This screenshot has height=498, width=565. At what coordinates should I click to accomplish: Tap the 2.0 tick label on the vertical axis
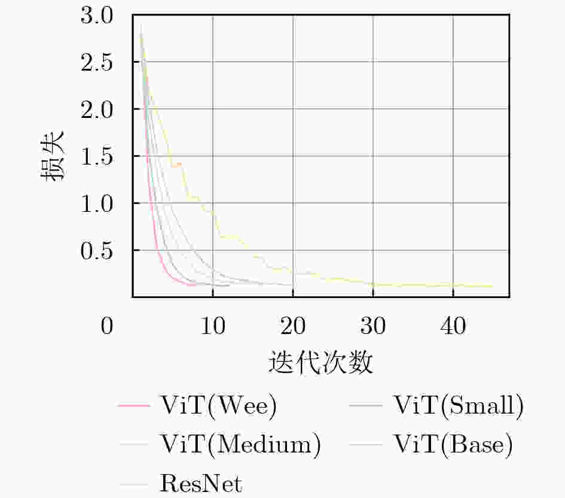click(x=96, y=110)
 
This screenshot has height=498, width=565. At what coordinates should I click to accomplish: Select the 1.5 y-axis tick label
click(x=96, y=156)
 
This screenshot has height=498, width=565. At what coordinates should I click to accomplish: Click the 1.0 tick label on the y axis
click(x=96, y=204)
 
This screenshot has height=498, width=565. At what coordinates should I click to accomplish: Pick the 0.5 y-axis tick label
click(x=96, y=250)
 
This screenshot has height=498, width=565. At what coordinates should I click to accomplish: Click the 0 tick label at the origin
click(x=107, y=328)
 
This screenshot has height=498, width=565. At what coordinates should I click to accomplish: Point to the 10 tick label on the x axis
click(x=212, y=328)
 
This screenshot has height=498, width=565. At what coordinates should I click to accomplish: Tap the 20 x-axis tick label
click(x=292, y=328)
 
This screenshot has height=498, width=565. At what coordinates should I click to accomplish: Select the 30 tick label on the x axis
click(x=373, y=328)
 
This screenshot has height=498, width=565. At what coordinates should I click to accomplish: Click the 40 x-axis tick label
click(x=453, y=328)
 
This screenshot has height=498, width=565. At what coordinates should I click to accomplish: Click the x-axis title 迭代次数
click(x=322, y=362)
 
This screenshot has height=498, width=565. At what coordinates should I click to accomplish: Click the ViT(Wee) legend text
click(x=219, y=406)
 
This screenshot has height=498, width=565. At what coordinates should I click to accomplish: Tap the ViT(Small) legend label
click(x=459, y=406)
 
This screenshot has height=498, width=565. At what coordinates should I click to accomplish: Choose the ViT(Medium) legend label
click(x=240, y=444)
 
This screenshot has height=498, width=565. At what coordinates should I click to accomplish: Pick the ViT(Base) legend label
click(x=453, y=444)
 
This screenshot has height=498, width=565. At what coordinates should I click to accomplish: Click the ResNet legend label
click(x=201, y=482)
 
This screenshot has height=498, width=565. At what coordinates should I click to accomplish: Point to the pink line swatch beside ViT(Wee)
click(x=134, y=406)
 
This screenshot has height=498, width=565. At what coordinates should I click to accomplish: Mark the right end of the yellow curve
click(x=493, y=286)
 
